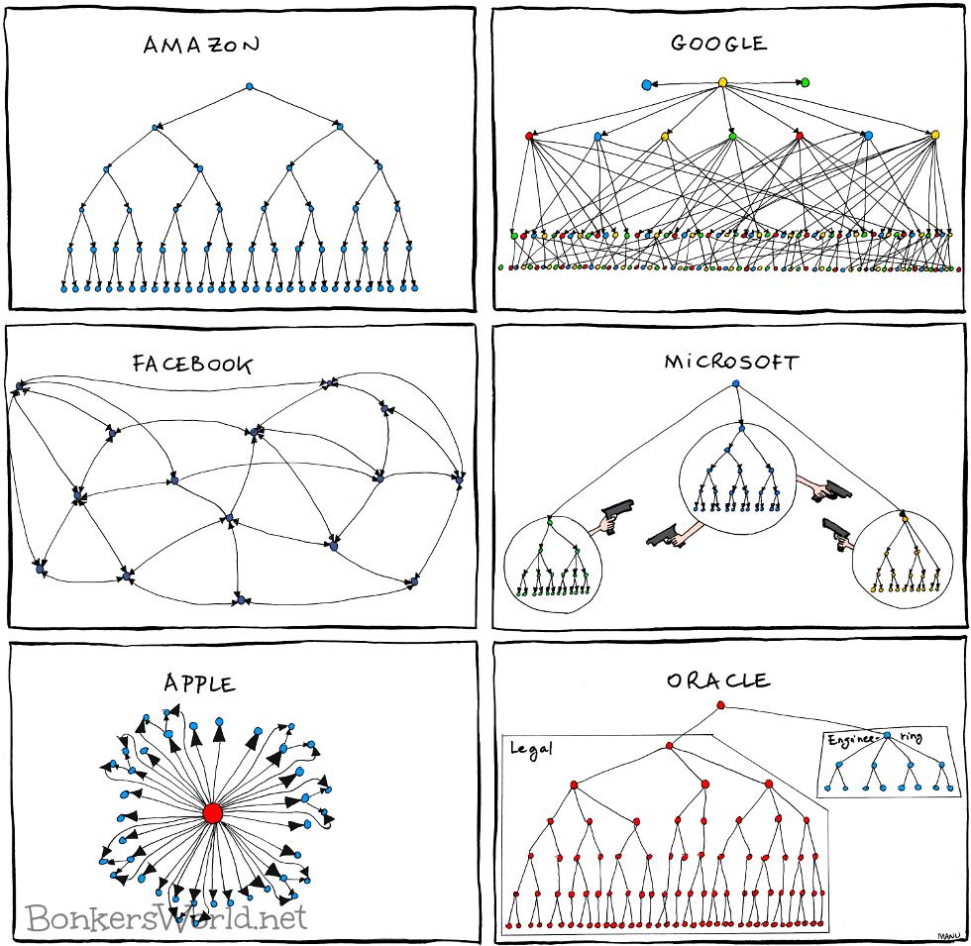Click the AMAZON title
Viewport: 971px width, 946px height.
point(201,45)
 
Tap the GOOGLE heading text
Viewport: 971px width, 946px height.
point(718,44)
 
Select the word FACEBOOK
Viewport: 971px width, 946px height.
point(192,364)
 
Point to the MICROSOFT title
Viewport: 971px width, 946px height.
point(730,362)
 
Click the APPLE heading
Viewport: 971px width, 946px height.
point(200,683)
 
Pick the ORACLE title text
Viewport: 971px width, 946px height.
point(717,681)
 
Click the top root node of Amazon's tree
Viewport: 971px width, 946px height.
point(250,87)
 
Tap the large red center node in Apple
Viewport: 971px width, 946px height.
point(212,812)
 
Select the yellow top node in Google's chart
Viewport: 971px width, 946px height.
point(722,82)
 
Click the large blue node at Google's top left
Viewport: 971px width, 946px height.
point(647,85)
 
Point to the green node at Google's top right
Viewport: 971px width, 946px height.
point(805,82)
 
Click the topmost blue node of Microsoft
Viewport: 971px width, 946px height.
point(736,383)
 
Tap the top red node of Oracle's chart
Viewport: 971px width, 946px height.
point(720,705)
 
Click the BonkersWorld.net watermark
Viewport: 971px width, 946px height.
point(166,916)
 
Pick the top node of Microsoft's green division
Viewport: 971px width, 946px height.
point(550,520)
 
